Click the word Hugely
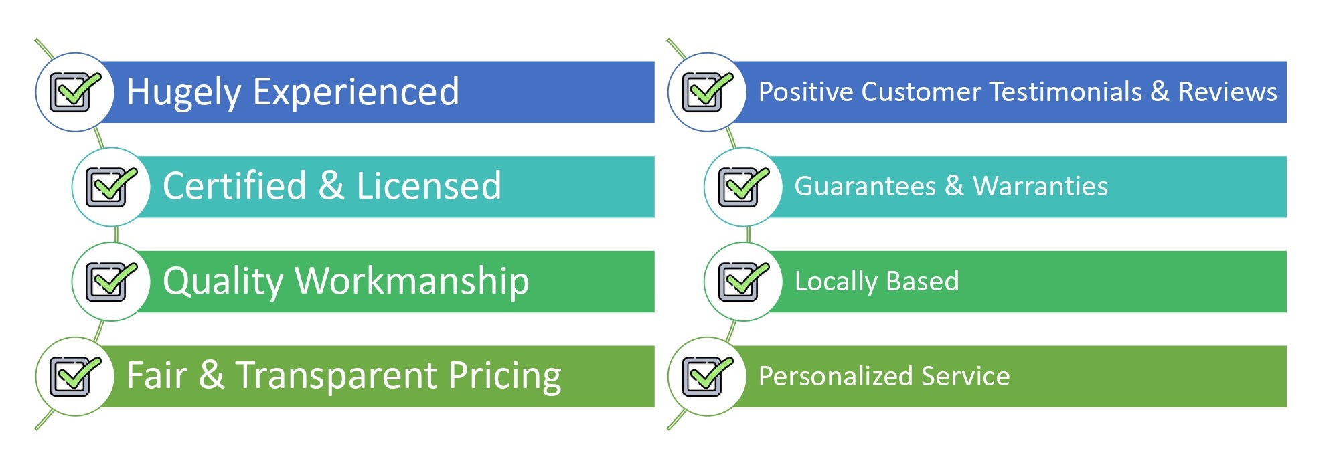pos(183,93)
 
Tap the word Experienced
pos(356,92)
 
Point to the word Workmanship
pos(412,281)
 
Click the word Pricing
pos(505,376)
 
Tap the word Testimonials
pos(1065,92)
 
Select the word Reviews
pos(1228,92)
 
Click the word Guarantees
pos(865,186)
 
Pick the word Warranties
pos(1040,186)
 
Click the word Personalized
pos(836,377)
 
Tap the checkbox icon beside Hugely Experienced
pos(75,92)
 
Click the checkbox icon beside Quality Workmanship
pos(111,282)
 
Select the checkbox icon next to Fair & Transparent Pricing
pos(75,376)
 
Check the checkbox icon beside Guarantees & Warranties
pos(743,187)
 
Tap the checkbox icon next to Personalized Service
pos(707,376)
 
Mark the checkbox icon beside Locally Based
pos(743,282)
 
